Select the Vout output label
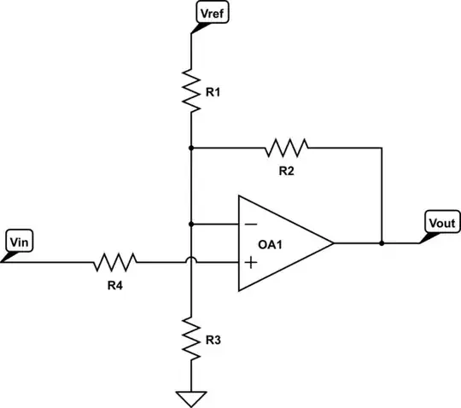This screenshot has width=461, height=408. [x=441, y=224]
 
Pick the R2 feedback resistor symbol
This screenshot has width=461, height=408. [x=286, y=148]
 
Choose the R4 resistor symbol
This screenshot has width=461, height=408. [x=115, y=261]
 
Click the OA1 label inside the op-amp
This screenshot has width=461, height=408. [x=272, y=243]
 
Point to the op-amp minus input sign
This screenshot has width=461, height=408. [x=251, y=224]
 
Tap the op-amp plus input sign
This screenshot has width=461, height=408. [x=251, y=262]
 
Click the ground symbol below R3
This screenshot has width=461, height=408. [x=191, y=396]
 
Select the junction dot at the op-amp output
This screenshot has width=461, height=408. [x=382, y=243]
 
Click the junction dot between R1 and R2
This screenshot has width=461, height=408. [x=191, y=148]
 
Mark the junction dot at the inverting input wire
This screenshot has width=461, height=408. [x=191, y=224]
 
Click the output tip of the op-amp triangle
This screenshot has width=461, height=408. [x=333, y=243]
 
